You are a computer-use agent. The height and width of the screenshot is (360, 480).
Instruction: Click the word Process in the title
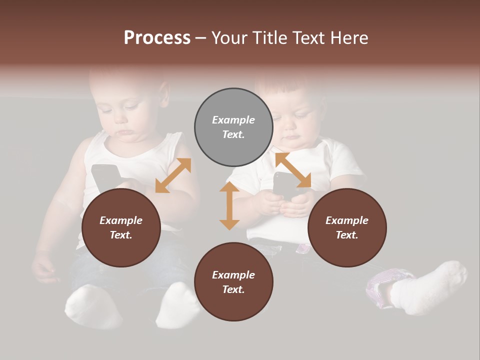point(157,38)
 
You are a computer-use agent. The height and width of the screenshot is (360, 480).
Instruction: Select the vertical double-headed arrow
point(229,205)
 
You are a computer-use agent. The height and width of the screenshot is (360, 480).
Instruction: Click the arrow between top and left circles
point(173,175)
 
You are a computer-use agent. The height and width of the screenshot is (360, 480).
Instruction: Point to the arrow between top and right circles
point(293,170)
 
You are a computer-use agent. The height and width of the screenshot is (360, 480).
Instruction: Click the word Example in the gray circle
point(233,120)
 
